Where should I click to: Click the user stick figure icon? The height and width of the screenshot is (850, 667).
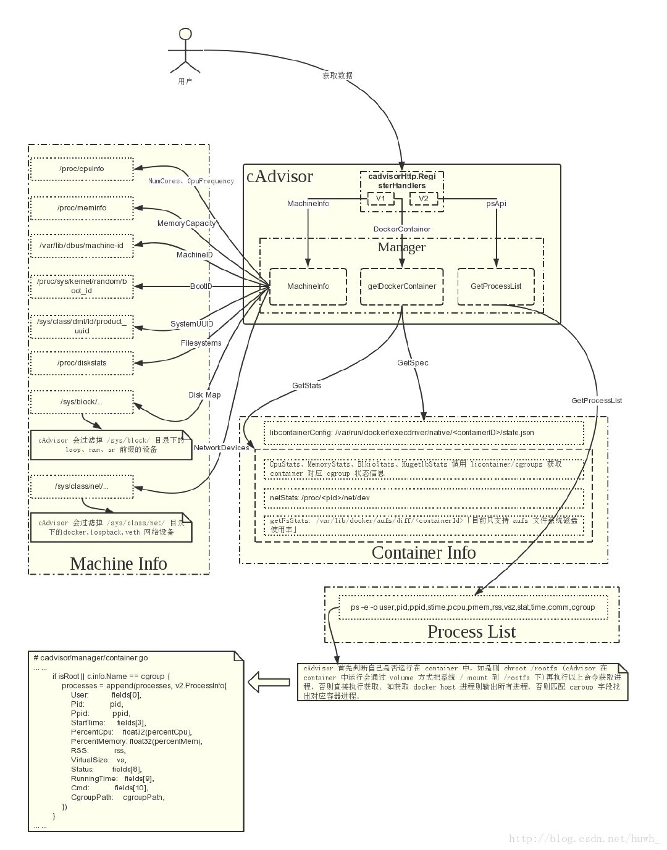185,50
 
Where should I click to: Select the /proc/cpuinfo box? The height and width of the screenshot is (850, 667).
82,169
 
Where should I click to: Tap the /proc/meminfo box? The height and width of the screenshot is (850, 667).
82,208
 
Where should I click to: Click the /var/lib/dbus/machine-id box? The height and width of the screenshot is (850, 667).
82,246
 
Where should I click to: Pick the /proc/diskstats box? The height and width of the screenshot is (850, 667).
82,363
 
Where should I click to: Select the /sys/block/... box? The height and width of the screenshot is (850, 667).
82,402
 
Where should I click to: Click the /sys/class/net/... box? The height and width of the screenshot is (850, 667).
82,486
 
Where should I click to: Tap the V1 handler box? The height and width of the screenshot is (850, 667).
380,199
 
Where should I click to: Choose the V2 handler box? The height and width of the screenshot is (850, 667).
423,199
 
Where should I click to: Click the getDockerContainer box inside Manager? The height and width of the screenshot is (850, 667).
401,286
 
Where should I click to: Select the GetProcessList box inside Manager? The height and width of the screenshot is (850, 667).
496,286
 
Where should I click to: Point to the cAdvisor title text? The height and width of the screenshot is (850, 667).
280,177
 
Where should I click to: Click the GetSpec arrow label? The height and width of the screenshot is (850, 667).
413,363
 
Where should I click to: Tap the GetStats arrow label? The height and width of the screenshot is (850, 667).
306,386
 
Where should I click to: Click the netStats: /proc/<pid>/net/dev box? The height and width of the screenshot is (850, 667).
424,498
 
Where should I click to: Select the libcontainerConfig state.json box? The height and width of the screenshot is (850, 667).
424,433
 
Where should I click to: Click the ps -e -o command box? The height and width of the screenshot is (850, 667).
472,607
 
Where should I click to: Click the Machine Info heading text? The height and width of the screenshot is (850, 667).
119,564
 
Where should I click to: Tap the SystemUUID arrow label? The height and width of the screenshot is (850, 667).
191,324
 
